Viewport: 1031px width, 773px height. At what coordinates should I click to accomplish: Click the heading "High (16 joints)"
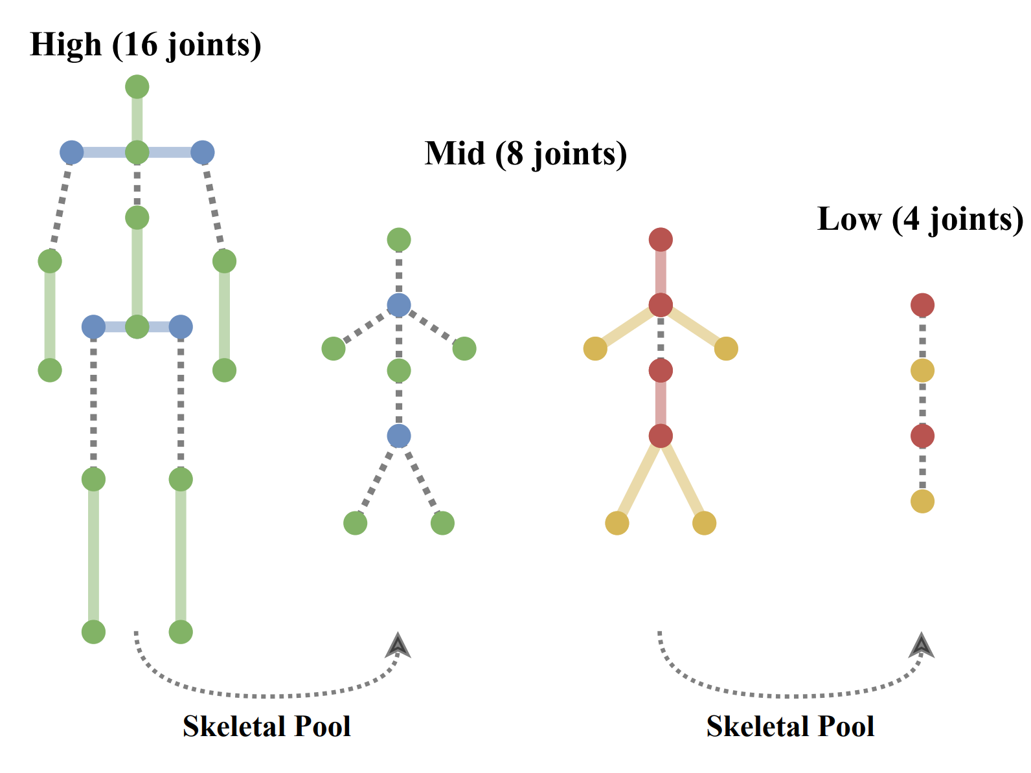[x=146, y=45]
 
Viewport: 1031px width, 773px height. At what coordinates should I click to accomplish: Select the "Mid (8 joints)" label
[x=525, y=154]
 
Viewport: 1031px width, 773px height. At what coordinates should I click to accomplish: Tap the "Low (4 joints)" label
[x=920, y=219]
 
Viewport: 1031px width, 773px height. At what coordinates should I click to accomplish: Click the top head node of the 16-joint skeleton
[x=137, y=86]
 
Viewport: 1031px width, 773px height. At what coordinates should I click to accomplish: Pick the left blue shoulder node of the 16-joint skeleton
[x=72, y=152]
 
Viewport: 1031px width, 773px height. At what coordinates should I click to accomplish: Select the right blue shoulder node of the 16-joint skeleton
[x=203, y=152]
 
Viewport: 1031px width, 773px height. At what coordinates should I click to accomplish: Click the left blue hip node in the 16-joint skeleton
[x=93, y=327]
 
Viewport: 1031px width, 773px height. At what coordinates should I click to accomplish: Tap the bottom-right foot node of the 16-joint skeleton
[x=181, y=632]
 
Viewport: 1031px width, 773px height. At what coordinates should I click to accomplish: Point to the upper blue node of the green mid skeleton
[x=399, y=305]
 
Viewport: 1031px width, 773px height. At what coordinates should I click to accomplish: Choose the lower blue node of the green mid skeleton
[x=399, y=436]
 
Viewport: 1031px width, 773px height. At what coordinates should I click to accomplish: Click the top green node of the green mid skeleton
[x=399, y=240]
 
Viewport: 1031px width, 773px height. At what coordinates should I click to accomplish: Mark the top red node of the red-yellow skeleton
[x=661, y=240]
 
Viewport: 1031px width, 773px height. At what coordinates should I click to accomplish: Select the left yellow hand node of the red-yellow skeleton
[x=595, y=348]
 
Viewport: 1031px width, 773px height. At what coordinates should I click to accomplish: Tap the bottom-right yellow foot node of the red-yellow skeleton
[x=704, y=523]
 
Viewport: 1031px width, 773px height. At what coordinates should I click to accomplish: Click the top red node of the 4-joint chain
[x=922, y=305]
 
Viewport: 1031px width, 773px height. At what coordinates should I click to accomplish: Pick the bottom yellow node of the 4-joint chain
[x=922, y=501]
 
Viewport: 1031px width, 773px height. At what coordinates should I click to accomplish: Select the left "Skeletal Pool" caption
[x=266, y=726]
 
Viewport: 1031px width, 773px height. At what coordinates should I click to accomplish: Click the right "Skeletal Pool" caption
[x=790, y=726]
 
